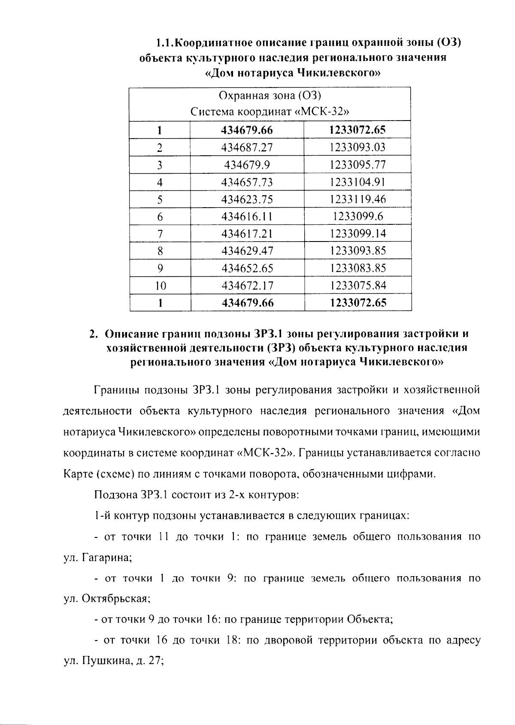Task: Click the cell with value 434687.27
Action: coord(247,148)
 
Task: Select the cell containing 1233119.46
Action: coord(357,199)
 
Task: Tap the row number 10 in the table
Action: coord(160,286)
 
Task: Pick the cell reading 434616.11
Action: coord(247,217)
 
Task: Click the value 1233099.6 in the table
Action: coord(357,217)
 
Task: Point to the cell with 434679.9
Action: coord(247,165)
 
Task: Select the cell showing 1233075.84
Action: coord(357,286)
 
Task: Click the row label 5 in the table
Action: coord(160,199)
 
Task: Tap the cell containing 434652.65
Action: coord(247,269)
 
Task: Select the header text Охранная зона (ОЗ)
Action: coord(270,95)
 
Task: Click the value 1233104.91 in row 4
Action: coord(357,182)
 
